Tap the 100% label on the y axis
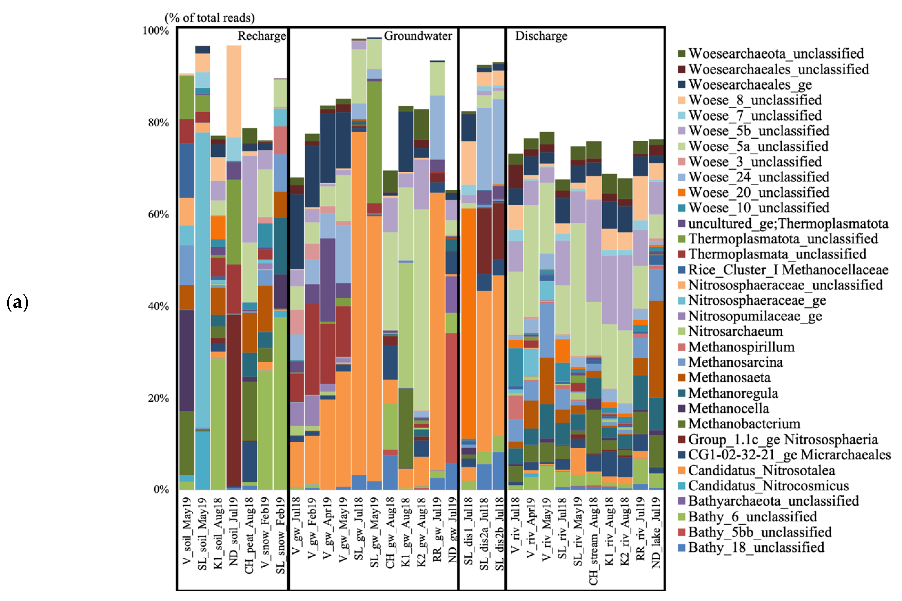click(155, 31)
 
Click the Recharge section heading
click(262, 36)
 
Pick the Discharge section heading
click(541, 36)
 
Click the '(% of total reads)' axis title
click(209, 18)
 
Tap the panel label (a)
click(17, 303)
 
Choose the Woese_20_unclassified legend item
click(758, 193)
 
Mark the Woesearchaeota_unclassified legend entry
click(776, 54)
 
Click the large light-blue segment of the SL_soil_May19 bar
click(203, 280)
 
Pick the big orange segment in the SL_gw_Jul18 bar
click(359, 303)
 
